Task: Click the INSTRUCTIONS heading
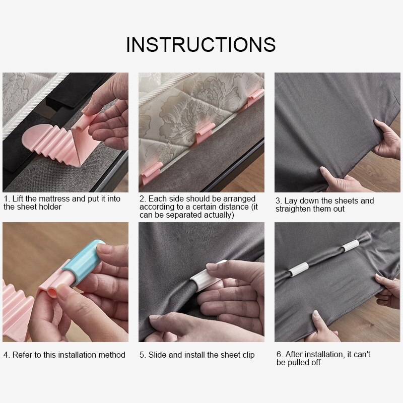pos(201,44)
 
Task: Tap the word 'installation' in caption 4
pos(78,355)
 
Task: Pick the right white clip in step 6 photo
pos(350,246)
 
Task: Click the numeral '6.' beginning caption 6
pos(280,355)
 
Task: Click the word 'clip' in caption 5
pos(246,355)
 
